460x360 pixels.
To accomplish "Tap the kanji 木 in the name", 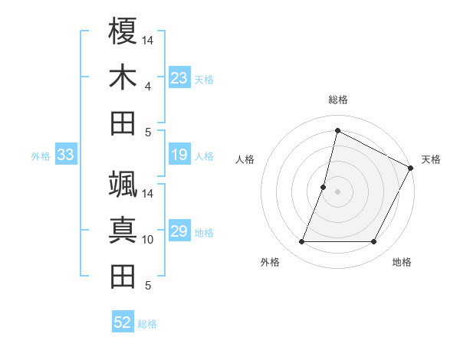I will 123,77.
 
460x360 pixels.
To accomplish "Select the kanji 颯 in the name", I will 123,185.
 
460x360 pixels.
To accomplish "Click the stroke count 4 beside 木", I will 148,86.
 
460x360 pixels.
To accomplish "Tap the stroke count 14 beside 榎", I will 148,40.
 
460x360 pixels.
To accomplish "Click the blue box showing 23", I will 179,78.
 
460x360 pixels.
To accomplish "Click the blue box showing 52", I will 123,322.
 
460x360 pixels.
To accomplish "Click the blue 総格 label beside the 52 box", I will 147,324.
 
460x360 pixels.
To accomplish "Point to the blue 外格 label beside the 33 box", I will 41,156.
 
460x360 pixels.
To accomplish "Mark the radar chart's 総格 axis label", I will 337,100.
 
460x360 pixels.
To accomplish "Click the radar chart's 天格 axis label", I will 431,159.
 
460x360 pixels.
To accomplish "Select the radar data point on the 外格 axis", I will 301,242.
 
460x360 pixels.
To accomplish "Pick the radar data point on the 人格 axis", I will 324,187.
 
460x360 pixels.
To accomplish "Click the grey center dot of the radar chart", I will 337,191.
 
